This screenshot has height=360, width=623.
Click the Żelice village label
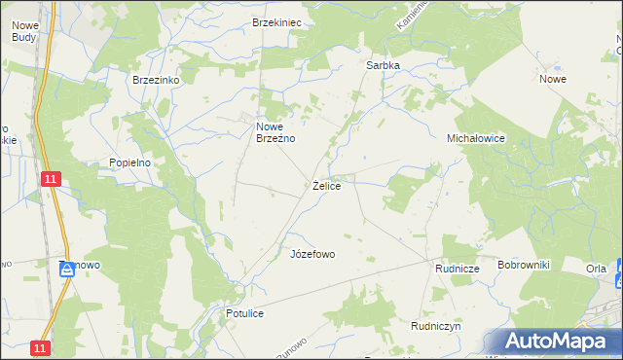326,185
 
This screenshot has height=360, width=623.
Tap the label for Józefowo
312,254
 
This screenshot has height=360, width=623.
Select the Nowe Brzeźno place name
275,132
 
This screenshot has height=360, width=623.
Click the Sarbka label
383,65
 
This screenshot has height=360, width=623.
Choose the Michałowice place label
475,138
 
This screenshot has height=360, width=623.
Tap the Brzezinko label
157,80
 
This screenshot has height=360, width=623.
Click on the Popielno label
129,162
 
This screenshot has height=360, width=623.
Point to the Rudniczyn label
435,327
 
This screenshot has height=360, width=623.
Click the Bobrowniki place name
524,265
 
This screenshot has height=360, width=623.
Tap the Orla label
596,268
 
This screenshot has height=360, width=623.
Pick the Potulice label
244,314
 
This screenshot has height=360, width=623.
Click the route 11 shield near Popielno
51,178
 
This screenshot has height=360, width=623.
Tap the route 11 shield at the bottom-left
39,347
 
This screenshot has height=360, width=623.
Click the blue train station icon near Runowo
66,270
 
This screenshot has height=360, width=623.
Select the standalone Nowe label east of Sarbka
553,79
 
